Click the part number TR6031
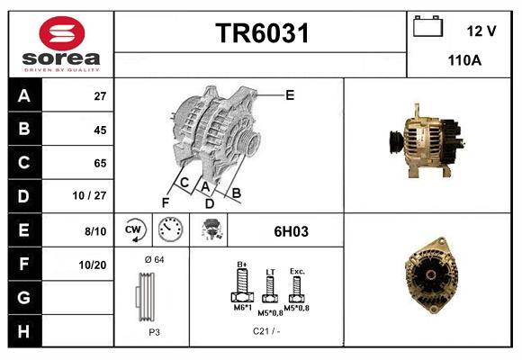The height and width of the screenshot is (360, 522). tap(261, 35)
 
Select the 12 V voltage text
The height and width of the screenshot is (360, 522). tap(481, 31)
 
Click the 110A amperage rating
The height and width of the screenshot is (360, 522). tap(464, 62)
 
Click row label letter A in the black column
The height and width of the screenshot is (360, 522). tap(23, 96)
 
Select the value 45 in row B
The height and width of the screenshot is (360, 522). tap(100, 130)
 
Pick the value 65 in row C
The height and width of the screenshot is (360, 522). tap(100, 163)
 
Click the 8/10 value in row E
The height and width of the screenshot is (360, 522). tap(95, 231)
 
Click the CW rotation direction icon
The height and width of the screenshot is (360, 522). tap(134, 230)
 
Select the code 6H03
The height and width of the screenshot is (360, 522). tap(292, 231)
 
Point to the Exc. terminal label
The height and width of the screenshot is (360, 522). tap(297, 271)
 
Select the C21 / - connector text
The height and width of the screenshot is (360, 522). tap(267, 332)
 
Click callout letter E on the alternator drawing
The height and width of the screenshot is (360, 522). tap(290, 94)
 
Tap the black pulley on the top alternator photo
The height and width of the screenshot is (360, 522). tap(395, 141)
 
